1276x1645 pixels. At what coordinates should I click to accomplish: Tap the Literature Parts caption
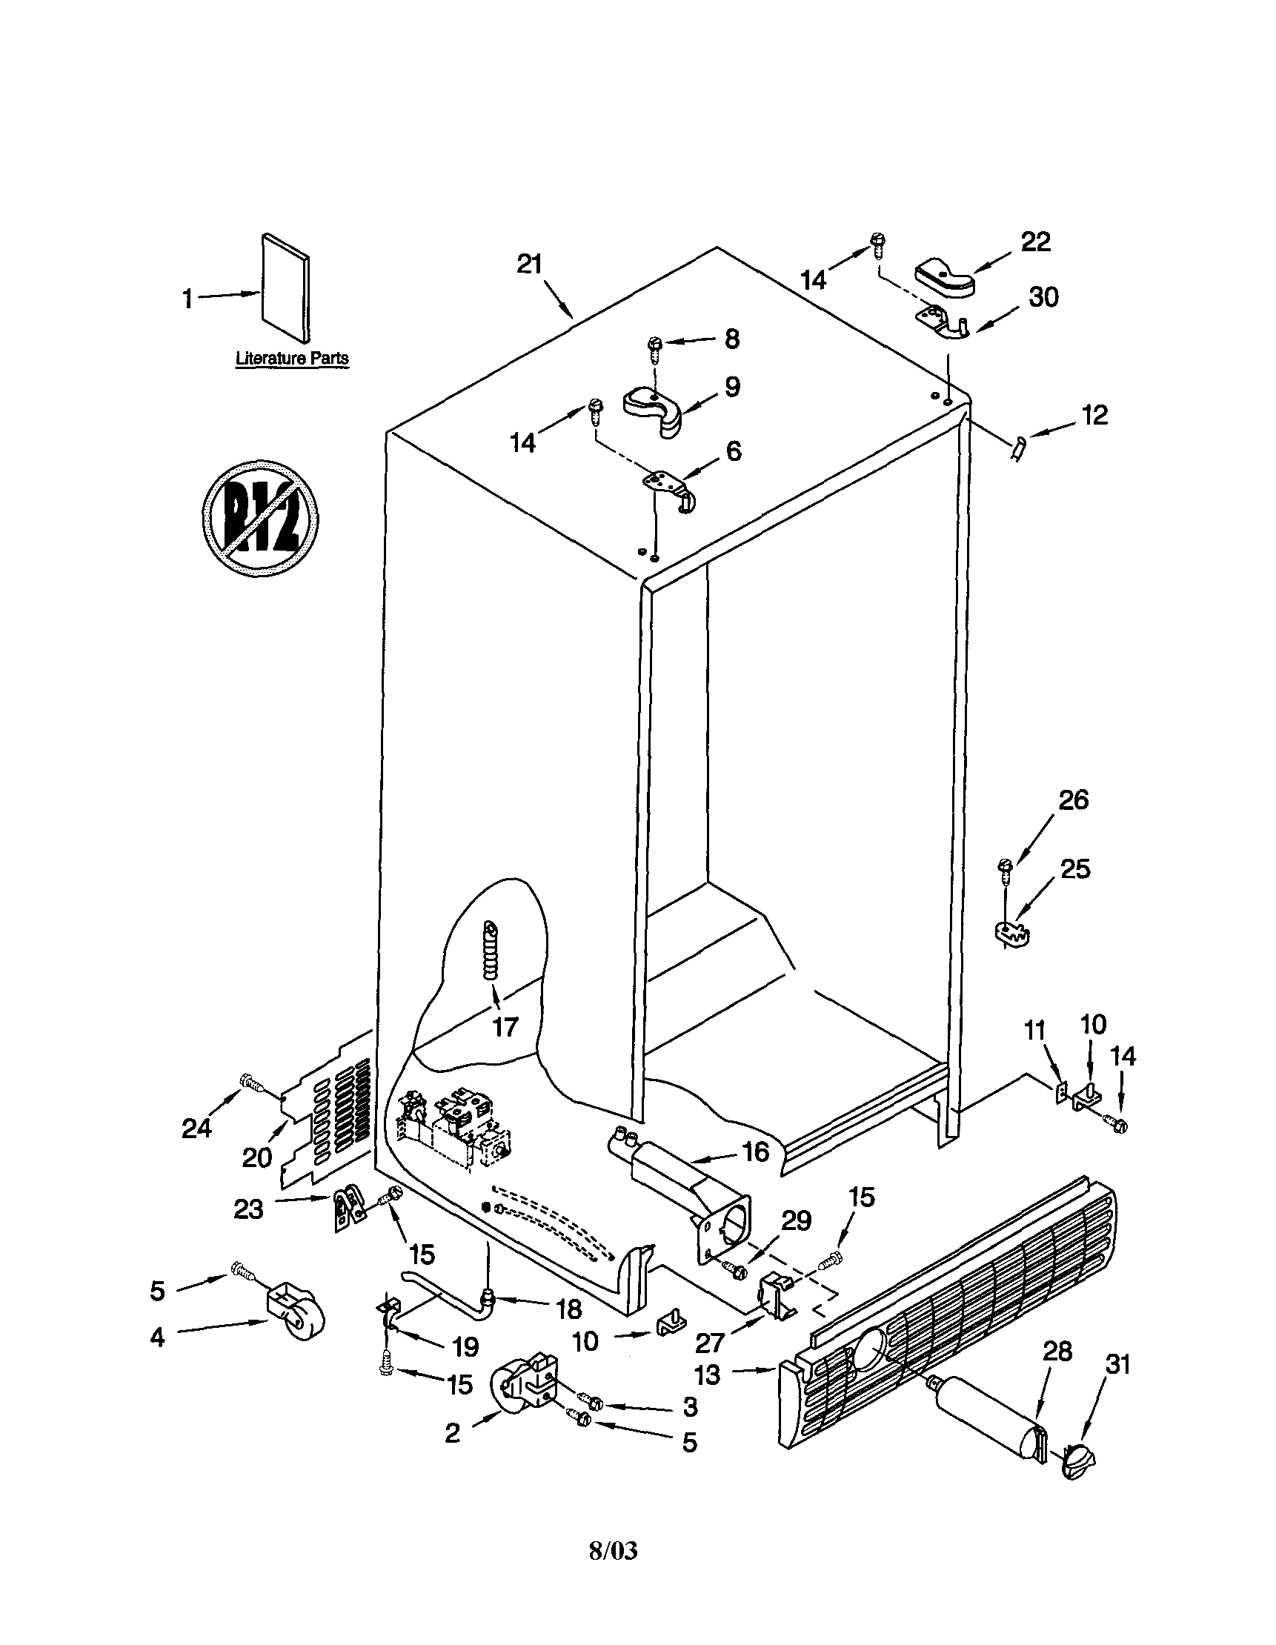(x=292, y=359)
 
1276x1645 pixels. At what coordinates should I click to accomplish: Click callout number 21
(x=530, y=265)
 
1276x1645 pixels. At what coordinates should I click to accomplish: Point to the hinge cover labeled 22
(x=944, y=278)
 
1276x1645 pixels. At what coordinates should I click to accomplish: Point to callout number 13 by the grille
(x=708, y=1375)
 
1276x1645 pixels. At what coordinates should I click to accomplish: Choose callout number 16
(x=756, y=1151)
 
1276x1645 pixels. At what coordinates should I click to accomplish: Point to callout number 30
(x=1043, y=298)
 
